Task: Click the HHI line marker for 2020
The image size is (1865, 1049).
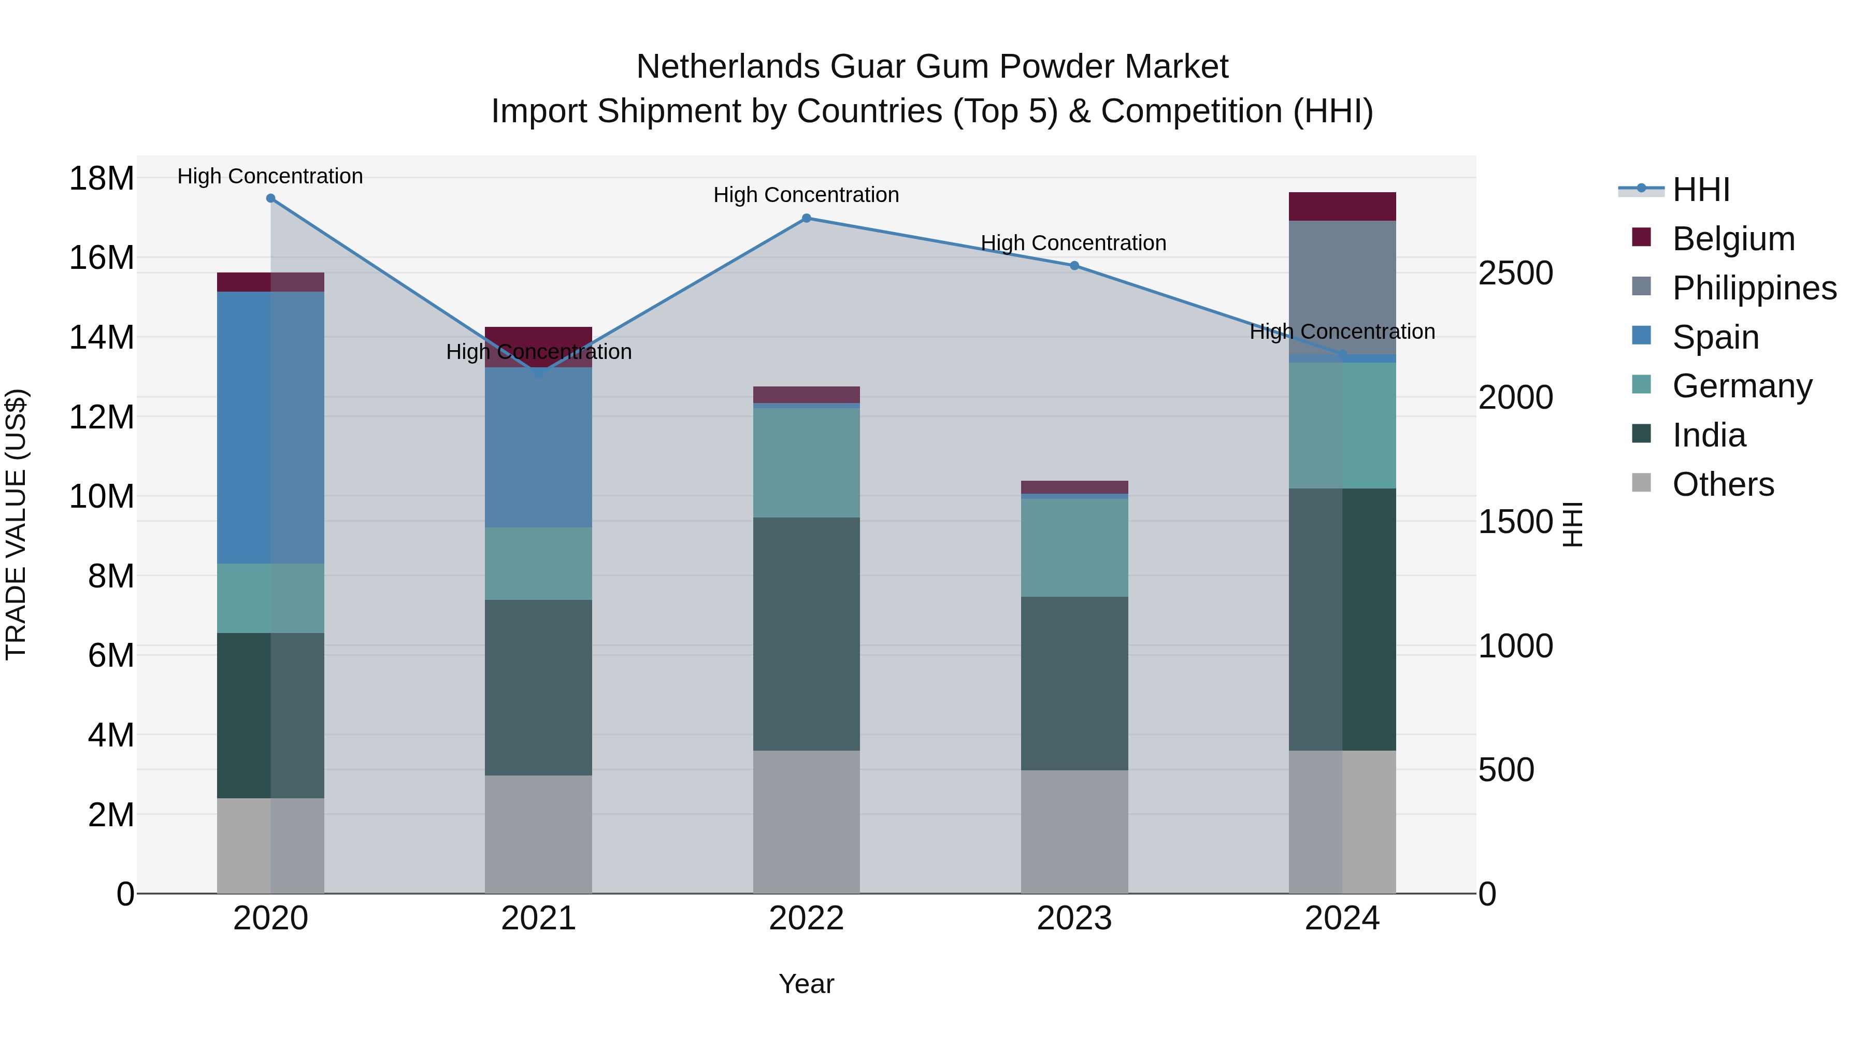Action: (x=271, y=198)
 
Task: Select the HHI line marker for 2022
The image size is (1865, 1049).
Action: (x=807, y=218)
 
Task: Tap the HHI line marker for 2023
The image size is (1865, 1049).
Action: (x=1074, y=266)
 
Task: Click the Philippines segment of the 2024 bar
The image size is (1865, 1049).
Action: (x=1342, y=288)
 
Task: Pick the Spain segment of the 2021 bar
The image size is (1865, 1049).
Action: (x=539, y=448)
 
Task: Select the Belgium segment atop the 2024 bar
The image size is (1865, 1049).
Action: (x=1342, y=206)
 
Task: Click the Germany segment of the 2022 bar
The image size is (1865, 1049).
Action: (x=807, y=463)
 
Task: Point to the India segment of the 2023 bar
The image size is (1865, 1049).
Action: (x=1074, y=683)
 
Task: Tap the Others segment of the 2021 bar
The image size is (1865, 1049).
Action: (x=539, y=834)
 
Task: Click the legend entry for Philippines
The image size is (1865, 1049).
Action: (x=1754, y=288)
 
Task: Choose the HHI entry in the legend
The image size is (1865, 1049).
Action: (x=1701, y=190)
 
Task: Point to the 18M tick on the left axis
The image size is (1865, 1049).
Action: (x=102, y=179)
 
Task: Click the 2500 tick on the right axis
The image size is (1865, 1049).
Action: (x=1515, y=274)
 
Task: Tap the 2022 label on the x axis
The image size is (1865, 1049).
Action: (x=807, y=918)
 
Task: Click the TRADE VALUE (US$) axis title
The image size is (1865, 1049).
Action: (x=16, y=524)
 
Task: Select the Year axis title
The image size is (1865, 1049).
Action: (x=807, y=984)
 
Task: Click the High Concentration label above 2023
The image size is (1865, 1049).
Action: (x=1074, y=243)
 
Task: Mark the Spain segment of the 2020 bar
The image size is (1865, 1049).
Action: (x=271, y=427)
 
